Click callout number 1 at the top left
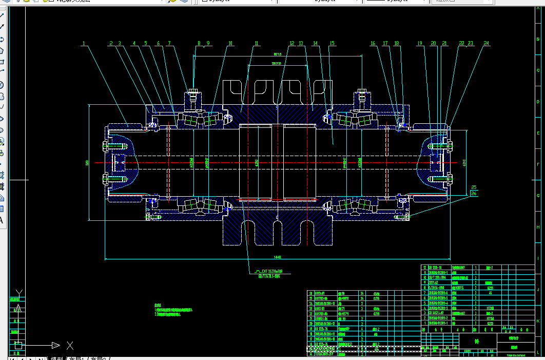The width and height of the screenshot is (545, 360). (84, 44)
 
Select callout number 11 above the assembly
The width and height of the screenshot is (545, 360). (257, 44)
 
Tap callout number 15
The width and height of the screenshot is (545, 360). (332, 44)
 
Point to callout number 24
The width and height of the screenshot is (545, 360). (485, 44)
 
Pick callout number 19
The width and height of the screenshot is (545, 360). (420, 44)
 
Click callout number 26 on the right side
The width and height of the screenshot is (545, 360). (474, 194)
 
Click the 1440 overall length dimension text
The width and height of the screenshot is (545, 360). (278, 257)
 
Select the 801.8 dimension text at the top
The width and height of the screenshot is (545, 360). (278, 54)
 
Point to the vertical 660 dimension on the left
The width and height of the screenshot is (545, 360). (87, 163)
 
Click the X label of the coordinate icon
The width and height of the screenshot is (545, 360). (70, 345)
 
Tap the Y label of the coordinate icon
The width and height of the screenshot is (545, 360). (19, 293)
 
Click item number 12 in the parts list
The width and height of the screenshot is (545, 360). (424, 268)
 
